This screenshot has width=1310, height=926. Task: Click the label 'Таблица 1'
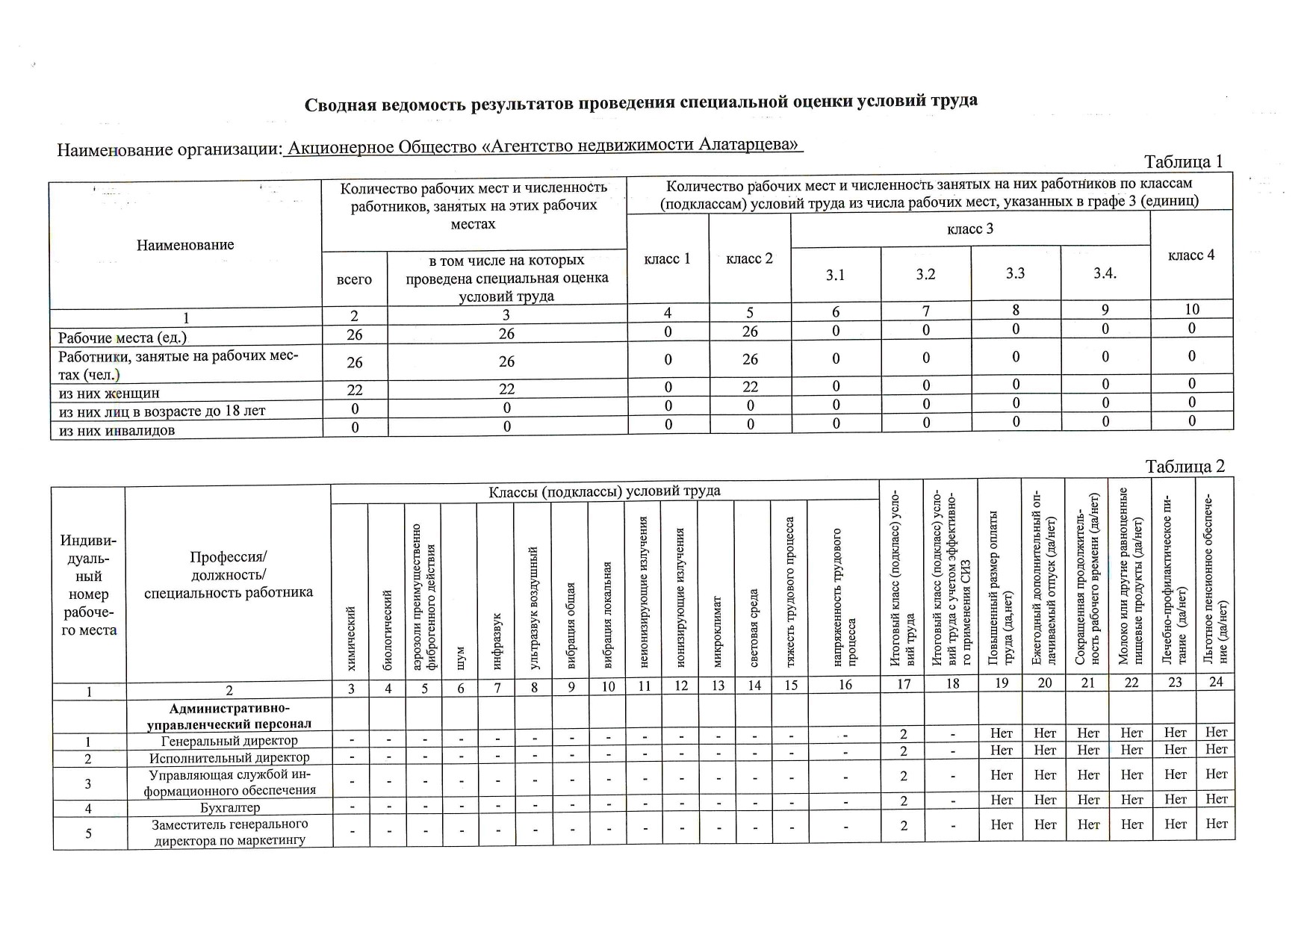click(1183, 162)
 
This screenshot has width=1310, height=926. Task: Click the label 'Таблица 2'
click(1185, 467)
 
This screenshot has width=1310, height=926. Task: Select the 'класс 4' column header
click(1191, 255)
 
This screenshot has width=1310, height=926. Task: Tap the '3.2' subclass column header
click(925, 274)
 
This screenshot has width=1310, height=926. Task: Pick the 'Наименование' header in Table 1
click(185, 245)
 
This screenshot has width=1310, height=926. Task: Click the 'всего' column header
click(354, 279)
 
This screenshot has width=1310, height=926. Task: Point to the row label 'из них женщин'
click(109, 393)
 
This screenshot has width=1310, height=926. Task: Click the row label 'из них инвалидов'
click(117, 431)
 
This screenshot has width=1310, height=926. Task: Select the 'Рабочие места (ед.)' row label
click(122, 337)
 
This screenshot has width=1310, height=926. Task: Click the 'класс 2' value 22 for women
click(750, 387)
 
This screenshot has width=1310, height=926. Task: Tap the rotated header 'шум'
click(461, 657)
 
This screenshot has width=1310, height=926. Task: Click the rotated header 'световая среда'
click(754, 627)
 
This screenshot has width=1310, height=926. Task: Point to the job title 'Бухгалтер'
click(230, 808)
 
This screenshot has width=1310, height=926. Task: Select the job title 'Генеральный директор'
click(229, 741)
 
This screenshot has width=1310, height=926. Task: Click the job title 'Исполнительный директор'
click(229, 758)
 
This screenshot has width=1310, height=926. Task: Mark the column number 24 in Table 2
click(1216, 682)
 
